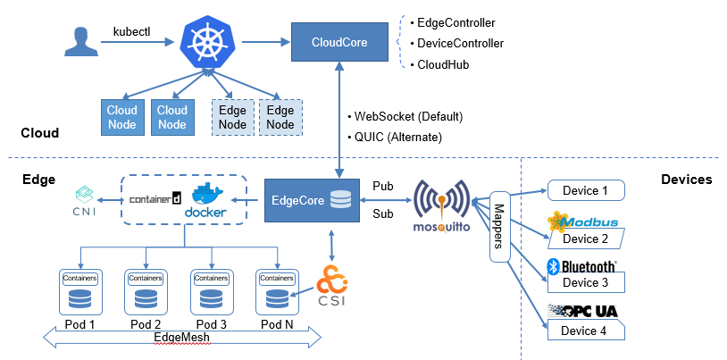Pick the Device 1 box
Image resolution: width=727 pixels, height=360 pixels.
(x=585, y=189)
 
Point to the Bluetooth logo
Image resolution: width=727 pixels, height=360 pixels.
(x=581, y=266)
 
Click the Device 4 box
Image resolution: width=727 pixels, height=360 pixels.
(x=585, y=331)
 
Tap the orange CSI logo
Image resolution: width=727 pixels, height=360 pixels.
(x=332, y=282)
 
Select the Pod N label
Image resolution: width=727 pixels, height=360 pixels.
(x=275, y=323)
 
